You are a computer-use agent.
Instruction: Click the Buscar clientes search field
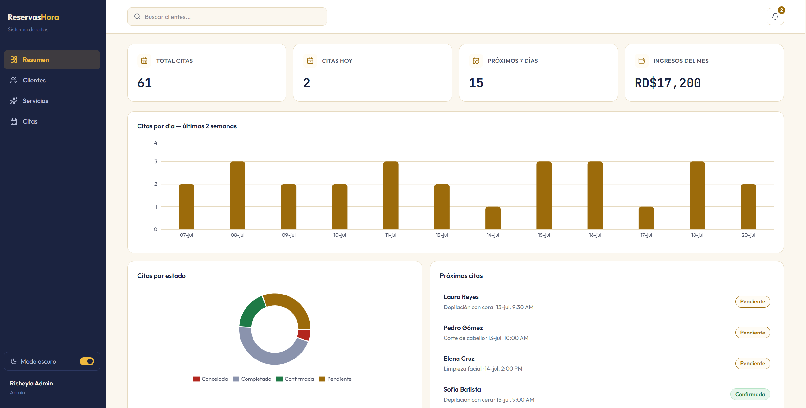tap(227, 17)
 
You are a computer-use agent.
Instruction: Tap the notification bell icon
tap(775, 16)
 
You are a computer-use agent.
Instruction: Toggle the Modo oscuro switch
tap(87, 361)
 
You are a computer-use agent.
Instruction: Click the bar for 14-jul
tap(493, 218)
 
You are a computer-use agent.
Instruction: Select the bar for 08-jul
tap(238, 195)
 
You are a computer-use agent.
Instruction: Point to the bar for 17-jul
tap(646, 218)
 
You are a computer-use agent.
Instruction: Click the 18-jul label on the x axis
tap(697, 235)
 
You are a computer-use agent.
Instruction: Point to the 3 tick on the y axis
tap(156, 161)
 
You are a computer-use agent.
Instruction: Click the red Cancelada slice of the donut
tap(304, 335)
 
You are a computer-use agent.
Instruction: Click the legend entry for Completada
tap(252, 379)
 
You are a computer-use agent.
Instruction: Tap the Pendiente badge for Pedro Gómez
tap(752, 333)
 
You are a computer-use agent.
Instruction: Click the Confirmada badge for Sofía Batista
tap(750, 394)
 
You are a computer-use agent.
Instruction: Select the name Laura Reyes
tap(461, 297)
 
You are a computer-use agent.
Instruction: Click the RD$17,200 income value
tap(668, 83)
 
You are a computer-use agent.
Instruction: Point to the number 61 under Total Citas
tap(145, 83)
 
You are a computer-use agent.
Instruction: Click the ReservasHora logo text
tap(33, 17)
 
